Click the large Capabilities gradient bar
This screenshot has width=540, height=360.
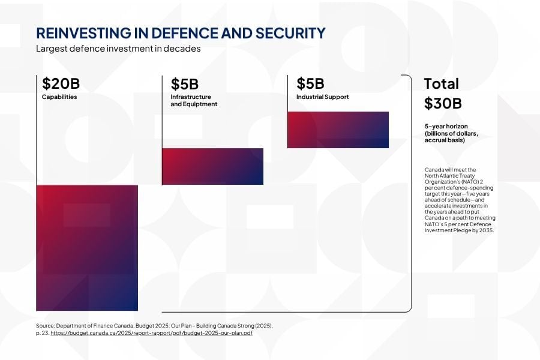[87, 248]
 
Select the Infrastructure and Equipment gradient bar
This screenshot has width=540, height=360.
[212, 166]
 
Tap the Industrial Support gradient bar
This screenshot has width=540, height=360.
[338, 130]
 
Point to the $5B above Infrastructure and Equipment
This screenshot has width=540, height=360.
[184, 84]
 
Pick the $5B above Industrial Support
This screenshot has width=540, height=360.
[310, 83]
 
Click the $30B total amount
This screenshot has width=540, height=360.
[443, 103]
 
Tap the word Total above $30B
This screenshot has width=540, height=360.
[441, 83]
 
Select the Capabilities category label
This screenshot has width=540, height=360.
[59, 97]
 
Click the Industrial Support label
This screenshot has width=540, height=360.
[322, 97]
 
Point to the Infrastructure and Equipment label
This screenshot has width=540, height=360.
[193, 101]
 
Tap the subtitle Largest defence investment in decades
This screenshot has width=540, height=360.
[118, 49]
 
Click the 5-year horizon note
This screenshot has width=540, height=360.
[451, 133]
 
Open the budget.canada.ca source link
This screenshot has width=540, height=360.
[151, 333]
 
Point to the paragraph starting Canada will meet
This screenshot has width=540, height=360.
[459, 200]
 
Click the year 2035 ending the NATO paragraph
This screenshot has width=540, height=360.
[484, 230]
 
